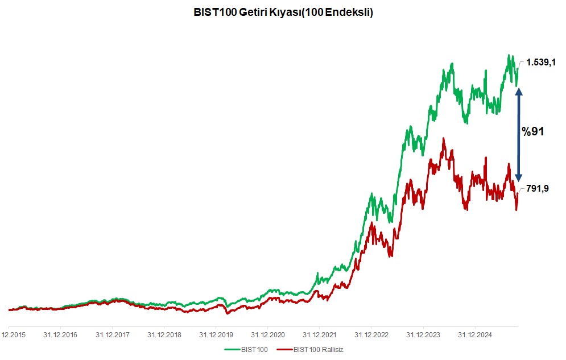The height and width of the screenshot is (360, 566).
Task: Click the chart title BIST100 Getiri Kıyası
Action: pos(283,13)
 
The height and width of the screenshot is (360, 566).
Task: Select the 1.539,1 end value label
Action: pos(540,63)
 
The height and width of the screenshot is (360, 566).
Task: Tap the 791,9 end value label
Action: pos(538,188)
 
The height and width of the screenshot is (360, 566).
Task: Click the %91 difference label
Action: pos(533,131)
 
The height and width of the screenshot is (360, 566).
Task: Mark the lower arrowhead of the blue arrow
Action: pos(518,177)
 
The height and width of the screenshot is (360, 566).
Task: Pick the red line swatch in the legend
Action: pos(284,349)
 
